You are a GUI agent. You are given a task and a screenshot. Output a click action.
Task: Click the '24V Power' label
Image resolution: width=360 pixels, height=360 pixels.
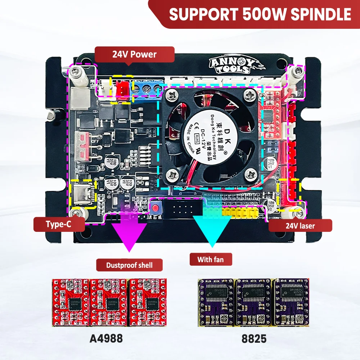pyautogui.click(x=134, y=55)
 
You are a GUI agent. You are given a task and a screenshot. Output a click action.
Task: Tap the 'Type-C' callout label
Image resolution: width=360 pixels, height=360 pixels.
pyautogui.click(x=59, y=225)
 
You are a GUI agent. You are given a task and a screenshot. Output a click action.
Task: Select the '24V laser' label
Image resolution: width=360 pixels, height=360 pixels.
pyautogui.click(x=300, y=226)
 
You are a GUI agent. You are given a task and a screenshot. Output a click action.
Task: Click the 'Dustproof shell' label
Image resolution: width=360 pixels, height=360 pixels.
pyautogui.click(x=129, y=265)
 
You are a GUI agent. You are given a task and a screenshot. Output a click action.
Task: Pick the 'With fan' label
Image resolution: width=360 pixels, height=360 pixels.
pyautogui.click(x=210, y=259)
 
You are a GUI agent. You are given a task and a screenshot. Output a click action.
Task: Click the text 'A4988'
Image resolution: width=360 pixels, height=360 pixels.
pyautogui.click(x=106, y=338)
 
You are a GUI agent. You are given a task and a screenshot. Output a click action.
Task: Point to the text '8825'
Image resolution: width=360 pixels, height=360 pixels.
pyautogui.click(x=254, y=338)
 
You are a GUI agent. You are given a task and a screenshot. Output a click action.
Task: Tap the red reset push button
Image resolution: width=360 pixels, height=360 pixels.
pyautogui.click(x=156, y=208)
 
